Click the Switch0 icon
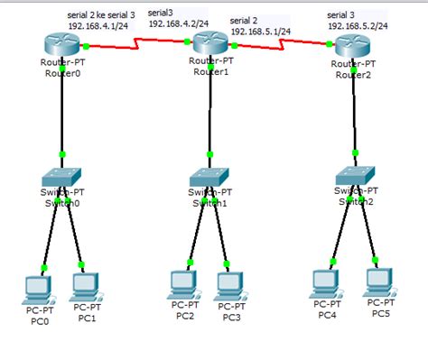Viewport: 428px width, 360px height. point(62,178)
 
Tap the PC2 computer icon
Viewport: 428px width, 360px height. point(184,284)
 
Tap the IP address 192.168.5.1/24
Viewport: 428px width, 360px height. point(259,31)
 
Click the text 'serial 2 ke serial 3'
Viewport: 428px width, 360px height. point(100,16)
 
